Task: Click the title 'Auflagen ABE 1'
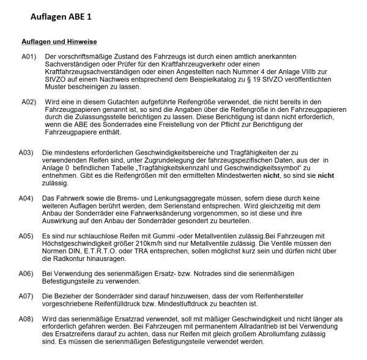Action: point(61,17)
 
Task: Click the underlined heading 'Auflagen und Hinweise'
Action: point(59,42)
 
